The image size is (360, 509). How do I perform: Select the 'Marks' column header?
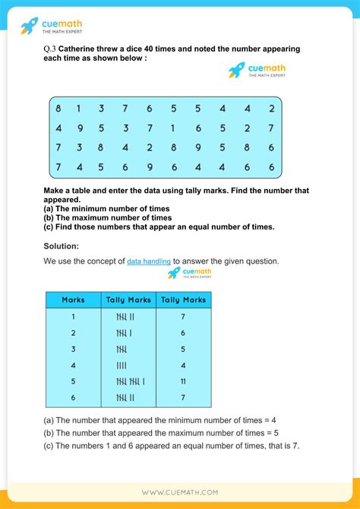point(73,300)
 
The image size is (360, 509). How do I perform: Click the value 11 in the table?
point(183,381)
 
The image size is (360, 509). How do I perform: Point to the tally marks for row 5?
point(129,381)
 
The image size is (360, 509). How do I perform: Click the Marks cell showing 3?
point(73,349)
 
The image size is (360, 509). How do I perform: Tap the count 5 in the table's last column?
point(183,349)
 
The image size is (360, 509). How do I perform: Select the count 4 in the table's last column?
point(183,365)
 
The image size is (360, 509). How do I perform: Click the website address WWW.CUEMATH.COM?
point(180,492)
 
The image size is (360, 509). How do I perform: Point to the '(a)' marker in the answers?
point(49,419)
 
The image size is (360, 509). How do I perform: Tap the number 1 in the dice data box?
point(172,128)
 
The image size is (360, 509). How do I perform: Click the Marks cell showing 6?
point(73,397)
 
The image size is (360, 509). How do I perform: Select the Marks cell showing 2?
point(73,334)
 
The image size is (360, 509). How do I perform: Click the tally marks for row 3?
point(122,349)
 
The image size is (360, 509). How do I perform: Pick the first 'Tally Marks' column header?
point(128,300)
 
